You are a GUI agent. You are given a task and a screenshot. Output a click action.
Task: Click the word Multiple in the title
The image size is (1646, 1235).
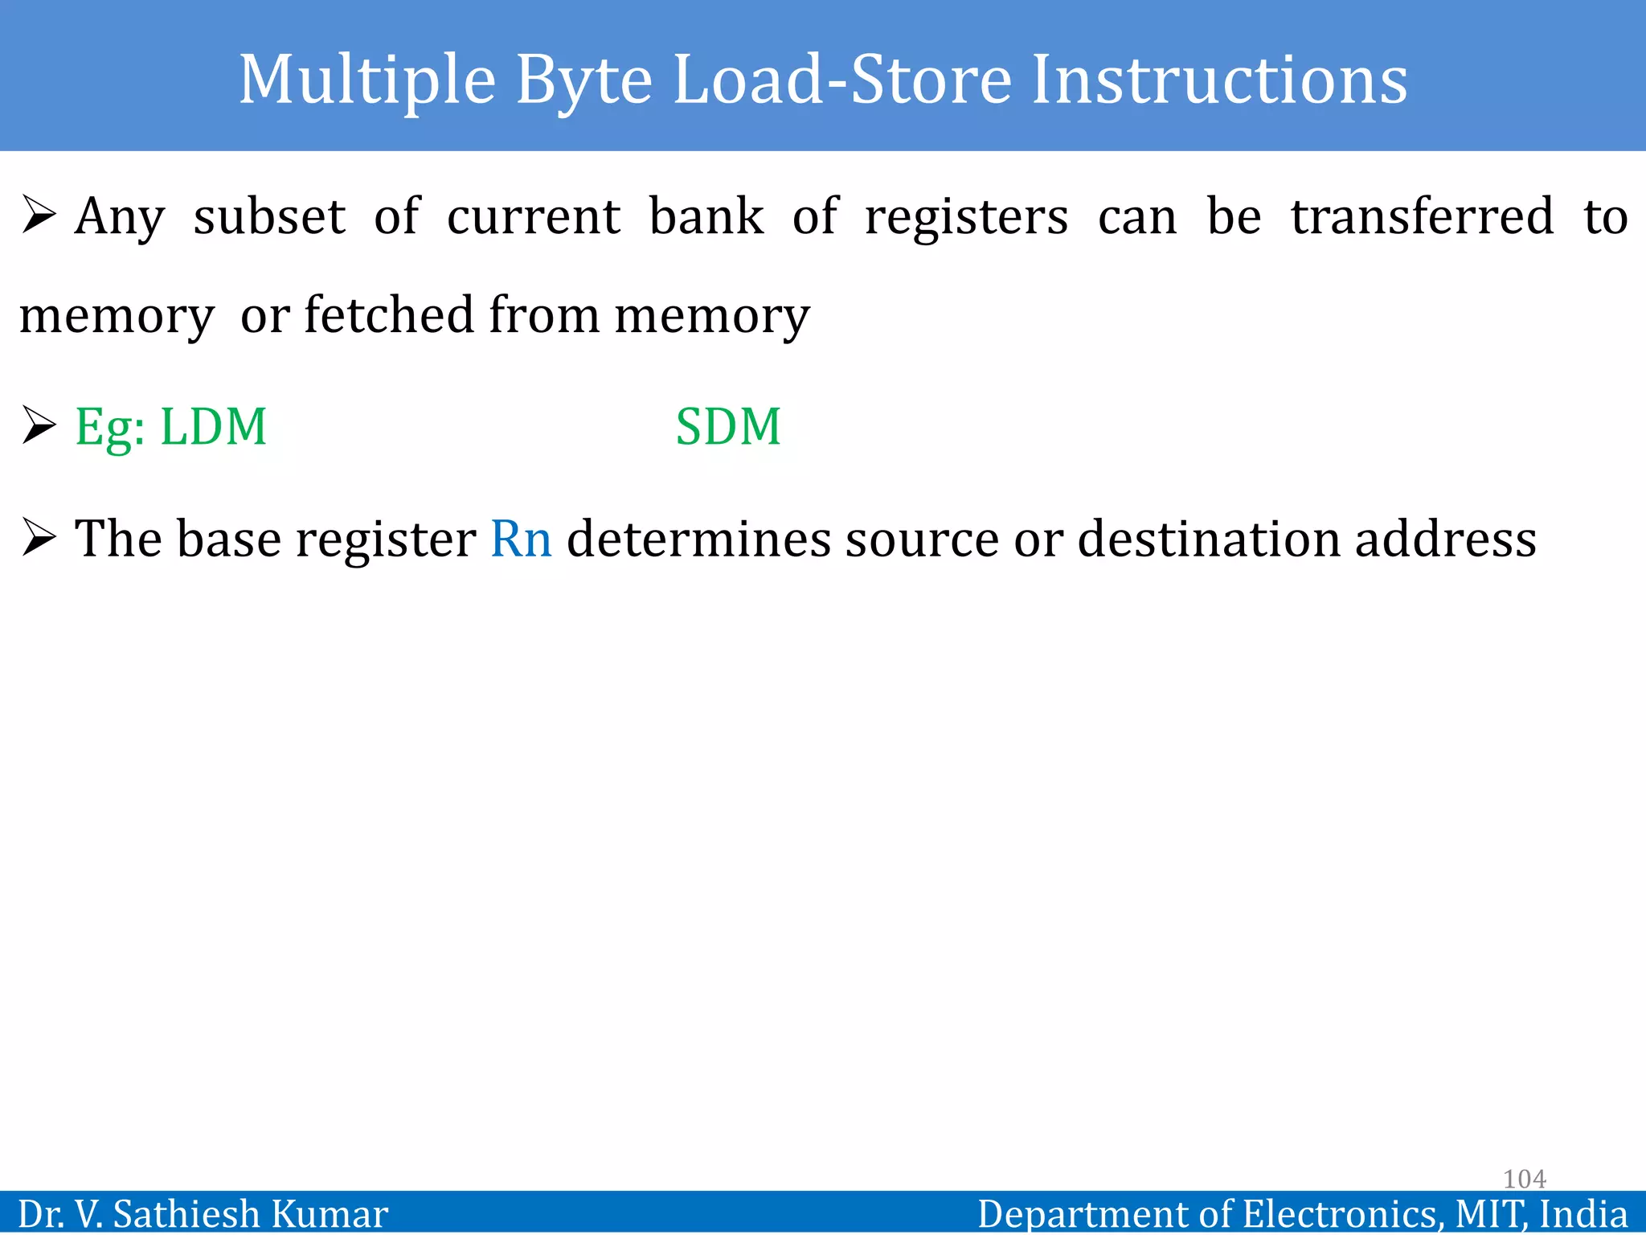coord(367,80)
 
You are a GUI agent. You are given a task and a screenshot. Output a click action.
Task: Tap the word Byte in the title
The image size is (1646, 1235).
coord(583,80)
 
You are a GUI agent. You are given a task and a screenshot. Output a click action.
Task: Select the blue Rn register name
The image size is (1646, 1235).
coord(521,538)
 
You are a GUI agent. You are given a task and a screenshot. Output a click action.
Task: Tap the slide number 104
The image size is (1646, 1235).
coord(1524,1179)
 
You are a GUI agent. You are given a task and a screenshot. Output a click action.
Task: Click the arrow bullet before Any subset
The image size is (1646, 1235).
coord(39,215)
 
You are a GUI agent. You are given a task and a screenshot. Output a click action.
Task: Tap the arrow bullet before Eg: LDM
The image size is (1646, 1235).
coord(39,425)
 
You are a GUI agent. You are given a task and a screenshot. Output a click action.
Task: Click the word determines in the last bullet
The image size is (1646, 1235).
coord(698,538)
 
